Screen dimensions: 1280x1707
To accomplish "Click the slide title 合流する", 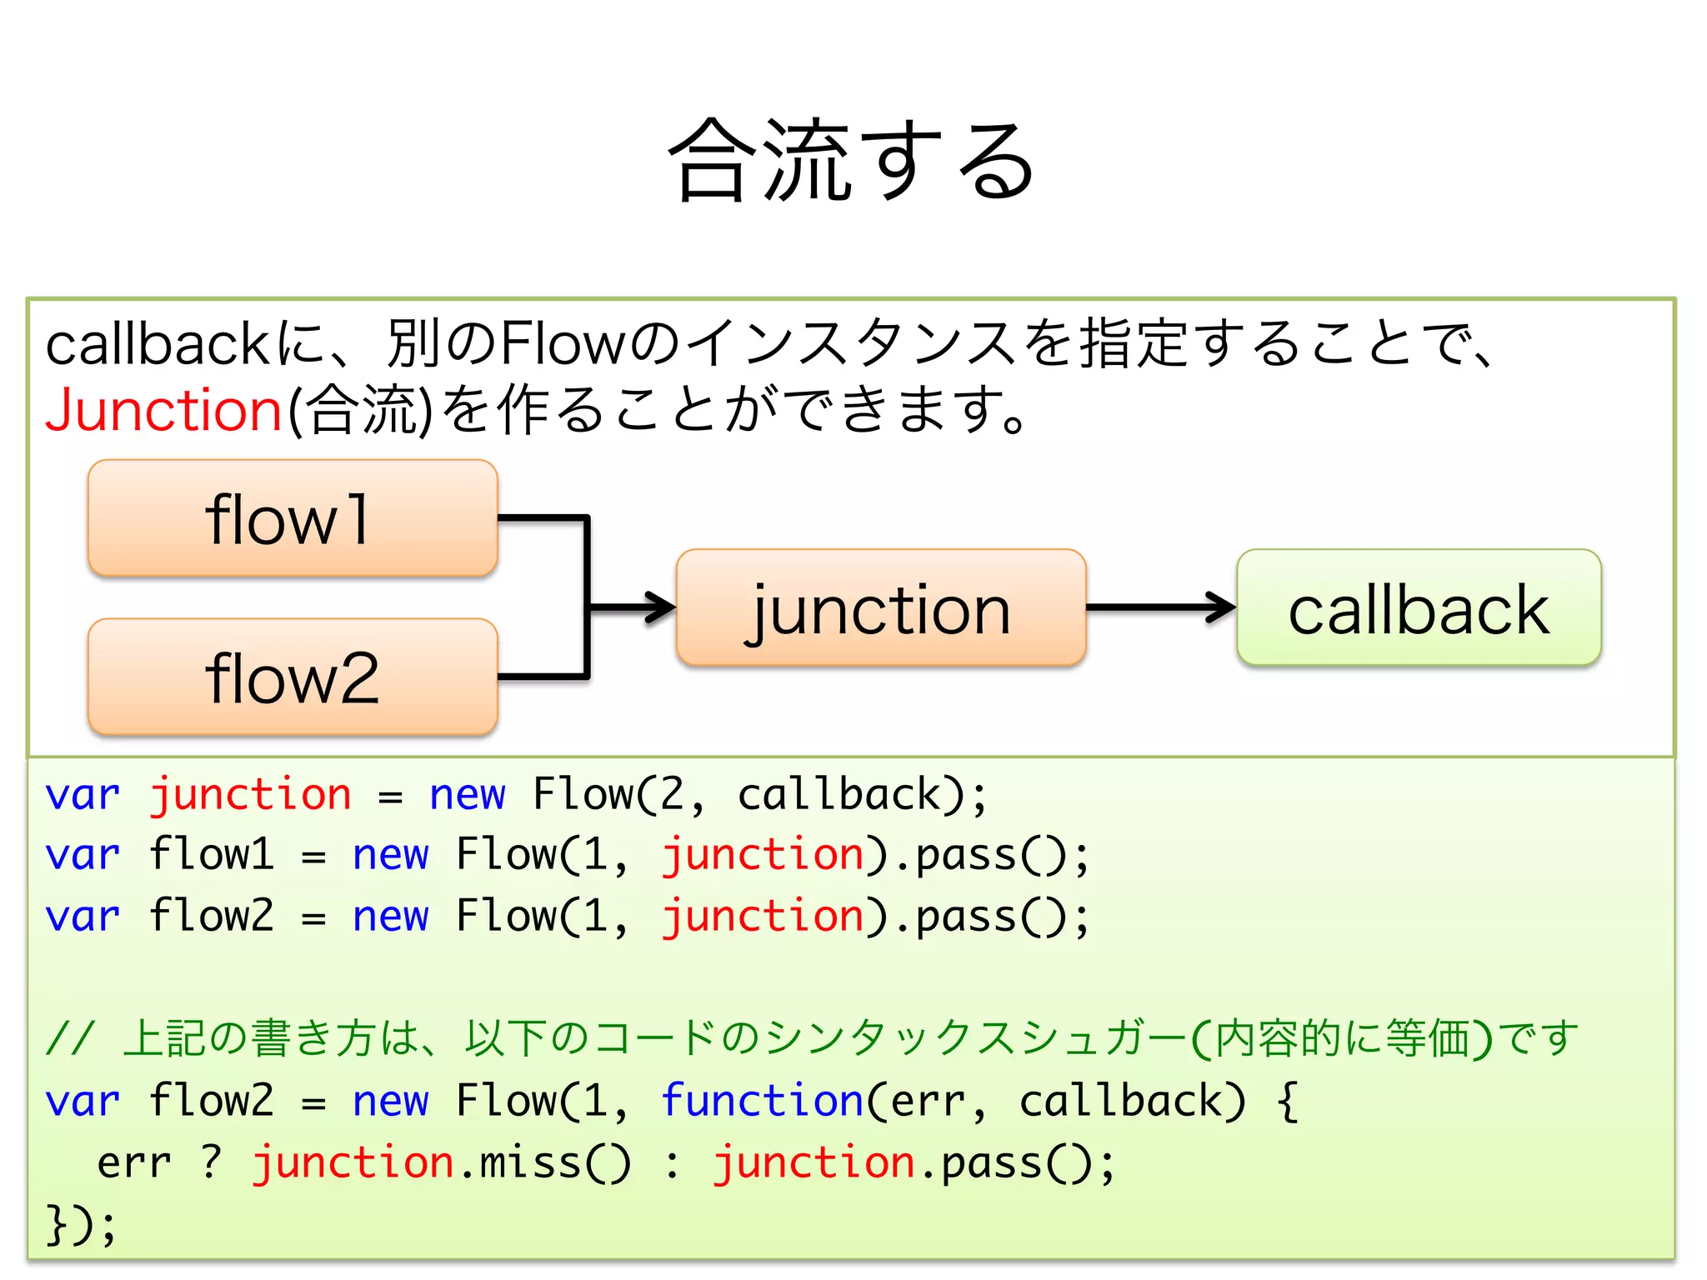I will (x=852, y=160).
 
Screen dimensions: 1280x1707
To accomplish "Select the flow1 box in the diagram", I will (x=293, y=518).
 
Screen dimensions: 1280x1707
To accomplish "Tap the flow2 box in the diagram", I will (x=293, y=677).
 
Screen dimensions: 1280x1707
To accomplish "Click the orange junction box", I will (x=881, y=608).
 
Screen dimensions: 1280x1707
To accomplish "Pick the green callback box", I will (x=1419, y=608).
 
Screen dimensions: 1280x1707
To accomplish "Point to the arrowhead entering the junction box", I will (x=663, y=607).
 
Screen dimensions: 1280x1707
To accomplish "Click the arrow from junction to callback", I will (x=1159, y=607).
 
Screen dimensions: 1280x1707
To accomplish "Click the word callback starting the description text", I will (x=156, y=344).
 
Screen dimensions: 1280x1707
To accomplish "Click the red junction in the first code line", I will (x=250, y=794).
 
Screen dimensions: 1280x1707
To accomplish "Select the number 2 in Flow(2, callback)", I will (x=672, y=794).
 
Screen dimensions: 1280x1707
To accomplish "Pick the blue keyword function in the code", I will (x=762, y=1101).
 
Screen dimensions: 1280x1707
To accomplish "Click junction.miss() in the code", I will (x=442, y=1162).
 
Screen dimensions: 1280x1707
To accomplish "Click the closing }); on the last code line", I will (x=81, y=1224).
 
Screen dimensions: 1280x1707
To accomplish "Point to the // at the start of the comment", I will (x=72, y=1039).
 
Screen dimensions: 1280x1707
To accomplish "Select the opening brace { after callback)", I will (x=1287, y=1101).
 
